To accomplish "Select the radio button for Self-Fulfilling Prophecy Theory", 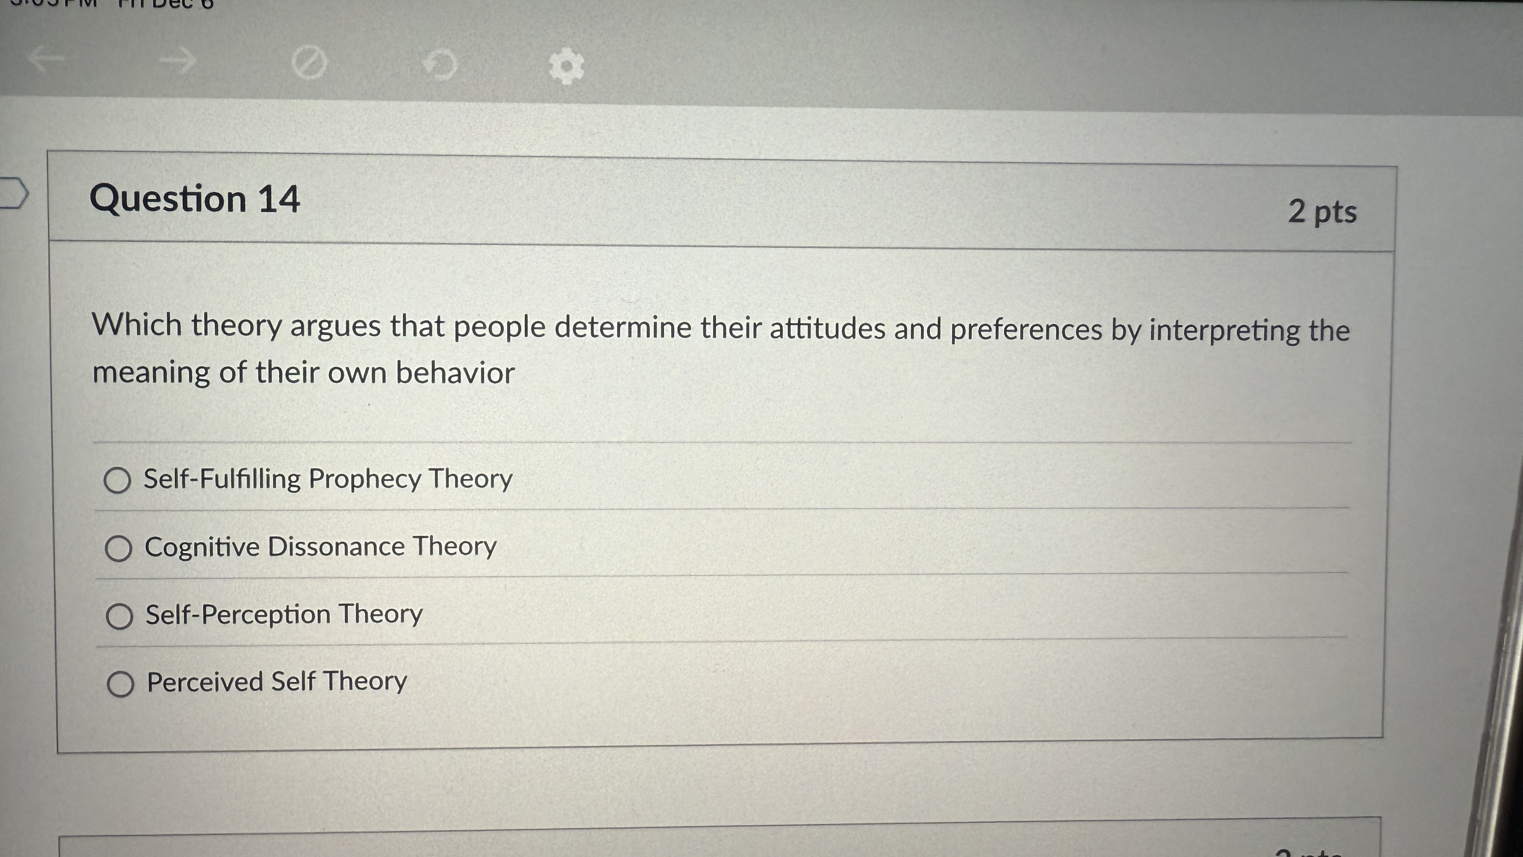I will [117, 480].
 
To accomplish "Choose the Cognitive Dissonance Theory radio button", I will [118, 548].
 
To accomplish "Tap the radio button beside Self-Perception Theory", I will [119, 616].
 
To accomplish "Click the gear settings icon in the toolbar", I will [566, 66].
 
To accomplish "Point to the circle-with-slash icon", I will [309, 62].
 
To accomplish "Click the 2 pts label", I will [1322, 212].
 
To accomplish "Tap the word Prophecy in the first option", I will [364, 479].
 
